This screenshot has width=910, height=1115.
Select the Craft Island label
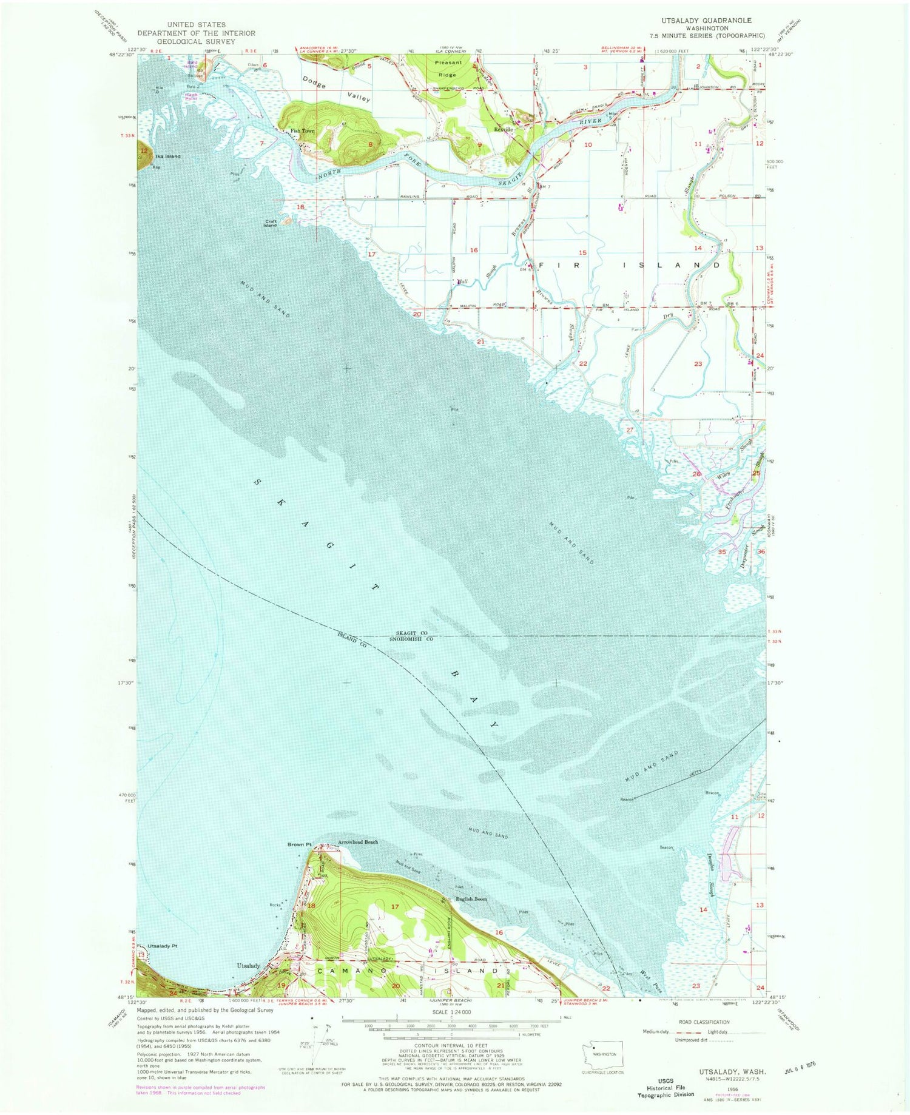[271, 223]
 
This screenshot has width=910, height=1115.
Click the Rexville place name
[503, 129]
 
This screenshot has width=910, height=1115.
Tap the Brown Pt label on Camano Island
[299, 844]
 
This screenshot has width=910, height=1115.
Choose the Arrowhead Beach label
[358, 842]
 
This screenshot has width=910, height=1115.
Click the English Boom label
[471, 899]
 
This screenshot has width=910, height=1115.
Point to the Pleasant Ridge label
[448, 68]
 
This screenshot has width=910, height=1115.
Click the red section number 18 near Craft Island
[300, 207]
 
